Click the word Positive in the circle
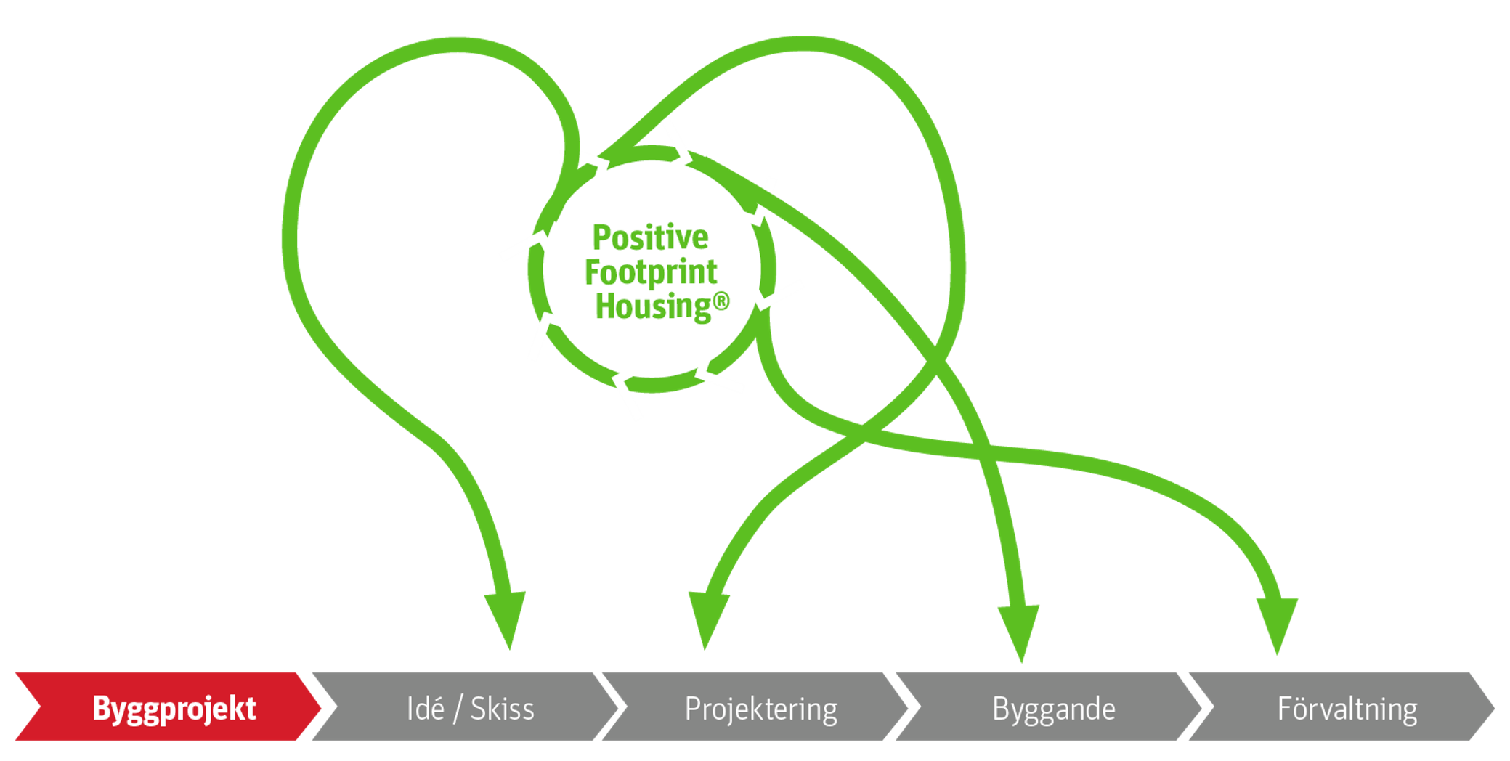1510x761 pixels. (650, 237)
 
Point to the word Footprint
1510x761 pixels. (651, 272)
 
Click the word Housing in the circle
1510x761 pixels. (652, 306)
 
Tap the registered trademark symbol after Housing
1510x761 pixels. (721, 301)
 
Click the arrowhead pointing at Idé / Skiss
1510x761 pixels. (506, 617)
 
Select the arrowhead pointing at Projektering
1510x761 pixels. (707, 617)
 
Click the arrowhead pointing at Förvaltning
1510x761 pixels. (1278, 623)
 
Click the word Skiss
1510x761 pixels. (502, 709)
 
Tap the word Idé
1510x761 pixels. (425, 709)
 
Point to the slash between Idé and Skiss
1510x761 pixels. (458, 709)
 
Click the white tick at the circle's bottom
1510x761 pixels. (628, 397)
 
